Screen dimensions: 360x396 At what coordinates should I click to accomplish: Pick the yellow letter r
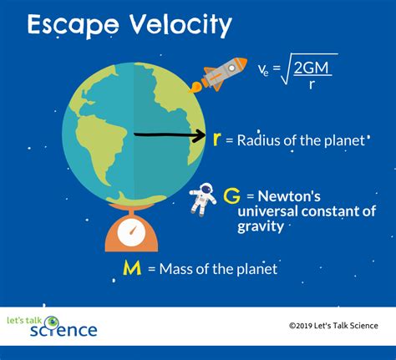(218, 139)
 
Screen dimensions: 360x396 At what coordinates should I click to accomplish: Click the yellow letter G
(233, 196)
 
